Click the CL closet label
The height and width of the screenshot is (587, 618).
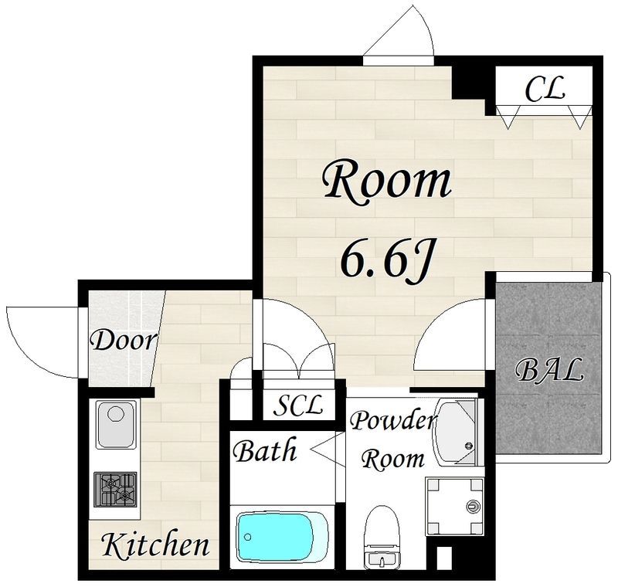click(x=545, y=89)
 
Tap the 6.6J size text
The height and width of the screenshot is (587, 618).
click(x=388, y=259)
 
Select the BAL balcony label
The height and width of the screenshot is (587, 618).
click(x=548, y=370)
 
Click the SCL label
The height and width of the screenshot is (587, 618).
click(x=298, y=405)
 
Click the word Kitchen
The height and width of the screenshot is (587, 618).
click(x=156, y=545)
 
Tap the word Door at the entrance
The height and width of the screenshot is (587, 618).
click(x=124, y=341)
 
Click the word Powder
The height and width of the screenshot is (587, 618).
click(x=393, y=420)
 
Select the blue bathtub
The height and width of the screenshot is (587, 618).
click(x=282, y=536)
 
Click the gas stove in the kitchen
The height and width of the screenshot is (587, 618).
click(x=115, y=490)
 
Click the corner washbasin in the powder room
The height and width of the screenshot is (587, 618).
click(x=457, y=433)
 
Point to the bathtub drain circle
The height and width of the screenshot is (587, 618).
click(x=247, y=537)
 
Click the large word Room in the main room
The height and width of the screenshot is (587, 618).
click(x=388, y=182)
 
